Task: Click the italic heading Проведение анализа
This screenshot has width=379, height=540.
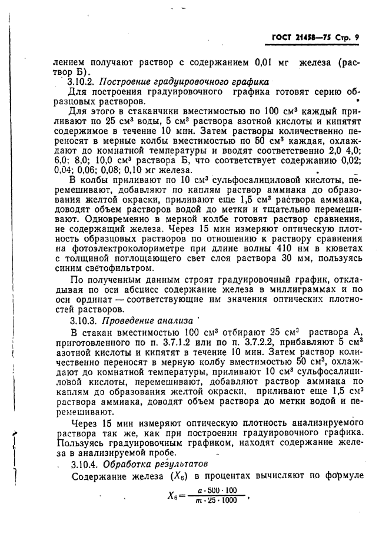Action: click(x=148, y=321)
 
